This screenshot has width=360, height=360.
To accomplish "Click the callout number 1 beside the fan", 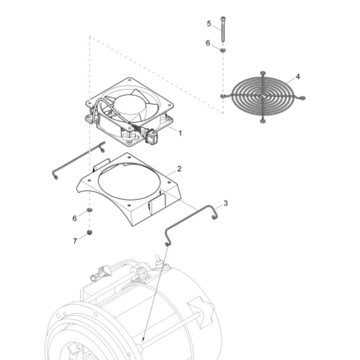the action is coord(180,133).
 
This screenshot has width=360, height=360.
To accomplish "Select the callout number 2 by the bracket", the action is coord(179,169).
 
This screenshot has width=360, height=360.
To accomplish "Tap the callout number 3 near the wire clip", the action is coord(226,203).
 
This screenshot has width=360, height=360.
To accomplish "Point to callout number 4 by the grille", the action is coord(298,77).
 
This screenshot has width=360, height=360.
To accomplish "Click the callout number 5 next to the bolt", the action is coord(209,23).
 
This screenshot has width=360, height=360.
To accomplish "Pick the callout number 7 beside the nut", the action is coord(75,241).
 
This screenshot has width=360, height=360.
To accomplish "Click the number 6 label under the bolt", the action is coord(208,43).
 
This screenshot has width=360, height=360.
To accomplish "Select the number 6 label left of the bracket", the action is coord(75,219).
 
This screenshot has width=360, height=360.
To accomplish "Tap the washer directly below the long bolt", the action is coord(223,50).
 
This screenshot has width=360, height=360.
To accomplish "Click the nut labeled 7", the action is coord(90,232).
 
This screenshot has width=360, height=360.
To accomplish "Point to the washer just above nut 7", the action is coord(90,210).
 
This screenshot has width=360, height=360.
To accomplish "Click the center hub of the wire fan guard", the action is coord(262,96).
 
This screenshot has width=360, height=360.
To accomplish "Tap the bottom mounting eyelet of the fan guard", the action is coord(263,121).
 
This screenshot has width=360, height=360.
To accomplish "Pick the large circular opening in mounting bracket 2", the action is coord(129,181).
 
